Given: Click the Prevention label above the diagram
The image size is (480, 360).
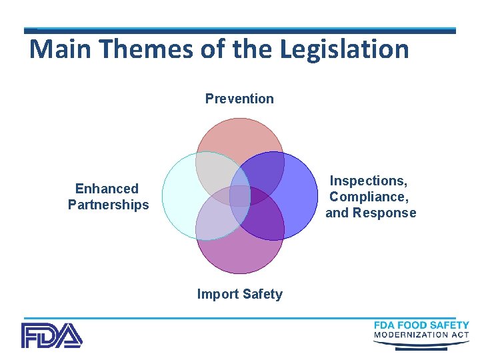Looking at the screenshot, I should click(x=239, y=99).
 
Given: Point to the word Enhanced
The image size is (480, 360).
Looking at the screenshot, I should click(x=107, y=189).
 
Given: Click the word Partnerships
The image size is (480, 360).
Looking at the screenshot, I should click(x=108, y=205).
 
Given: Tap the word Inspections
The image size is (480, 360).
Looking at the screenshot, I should click(x=369, y=181).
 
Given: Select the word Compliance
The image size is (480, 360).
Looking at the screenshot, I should click(x=369, y=197).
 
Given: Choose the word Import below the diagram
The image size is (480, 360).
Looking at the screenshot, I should click(x=217, y=294).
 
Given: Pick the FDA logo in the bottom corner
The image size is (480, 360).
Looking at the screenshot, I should click(x=51, y=335).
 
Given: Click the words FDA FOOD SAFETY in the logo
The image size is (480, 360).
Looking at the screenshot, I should click(x=421, y=325).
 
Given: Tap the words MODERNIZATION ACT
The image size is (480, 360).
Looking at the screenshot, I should click(x=421, y=335).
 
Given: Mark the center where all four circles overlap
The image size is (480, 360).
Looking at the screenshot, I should click(x=240, y=196).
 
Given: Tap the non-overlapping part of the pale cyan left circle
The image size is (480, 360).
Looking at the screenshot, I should click(x=179, y=197).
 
